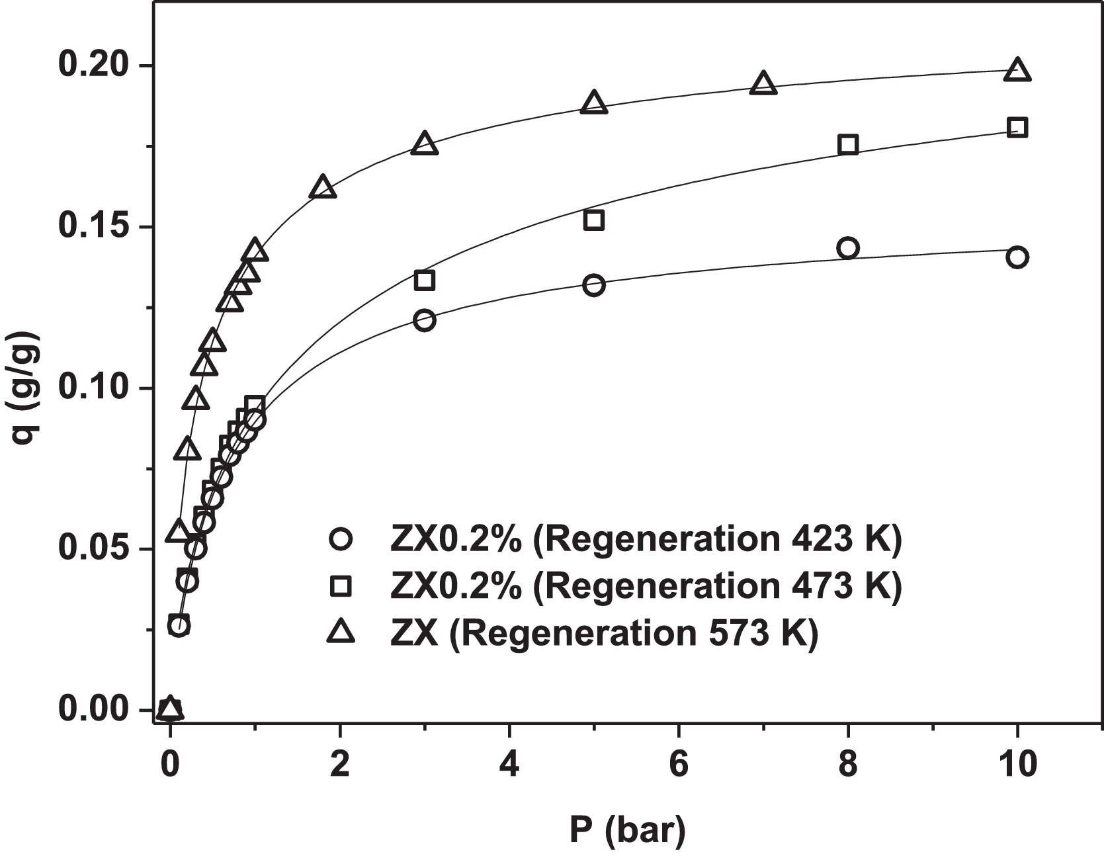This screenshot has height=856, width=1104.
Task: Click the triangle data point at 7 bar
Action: tap(763, 84)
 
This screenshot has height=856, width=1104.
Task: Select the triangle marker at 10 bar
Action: tap(1017, 70)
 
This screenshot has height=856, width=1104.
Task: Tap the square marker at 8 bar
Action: tap(848, 145)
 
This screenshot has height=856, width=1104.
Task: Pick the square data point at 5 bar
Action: tap(594, 220)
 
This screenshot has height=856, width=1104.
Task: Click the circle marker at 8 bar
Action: tap(848, 248)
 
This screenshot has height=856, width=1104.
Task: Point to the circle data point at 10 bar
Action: tap(1017, 257)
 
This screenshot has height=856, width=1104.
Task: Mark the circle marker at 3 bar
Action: tap(425, 320)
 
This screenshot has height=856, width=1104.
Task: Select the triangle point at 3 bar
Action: tap(425, 144)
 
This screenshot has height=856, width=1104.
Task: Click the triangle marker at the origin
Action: tap(170, 708)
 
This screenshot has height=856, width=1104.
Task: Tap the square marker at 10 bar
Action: tap(1017, 128)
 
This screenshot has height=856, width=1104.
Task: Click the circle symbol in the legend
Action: tap(341, 539)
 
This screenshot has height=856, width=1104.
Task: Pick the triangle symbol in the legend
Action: tap(341, 632)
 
